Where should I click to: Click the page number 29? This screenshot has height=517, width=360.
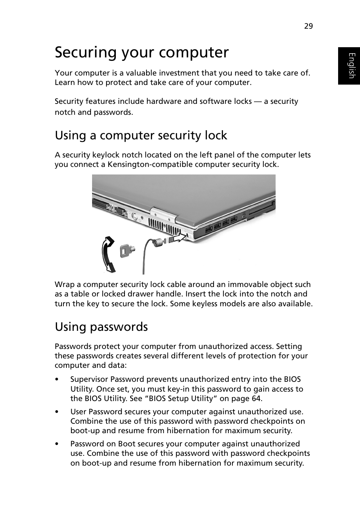pos(308,26)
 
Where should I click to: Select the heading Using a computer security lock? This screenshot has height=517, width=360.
pos(141,135)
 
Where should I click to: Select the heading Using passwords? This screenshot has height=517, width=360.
pos(101,327)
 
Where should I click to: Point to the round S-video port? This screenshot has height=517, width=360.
pos(134,216)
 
